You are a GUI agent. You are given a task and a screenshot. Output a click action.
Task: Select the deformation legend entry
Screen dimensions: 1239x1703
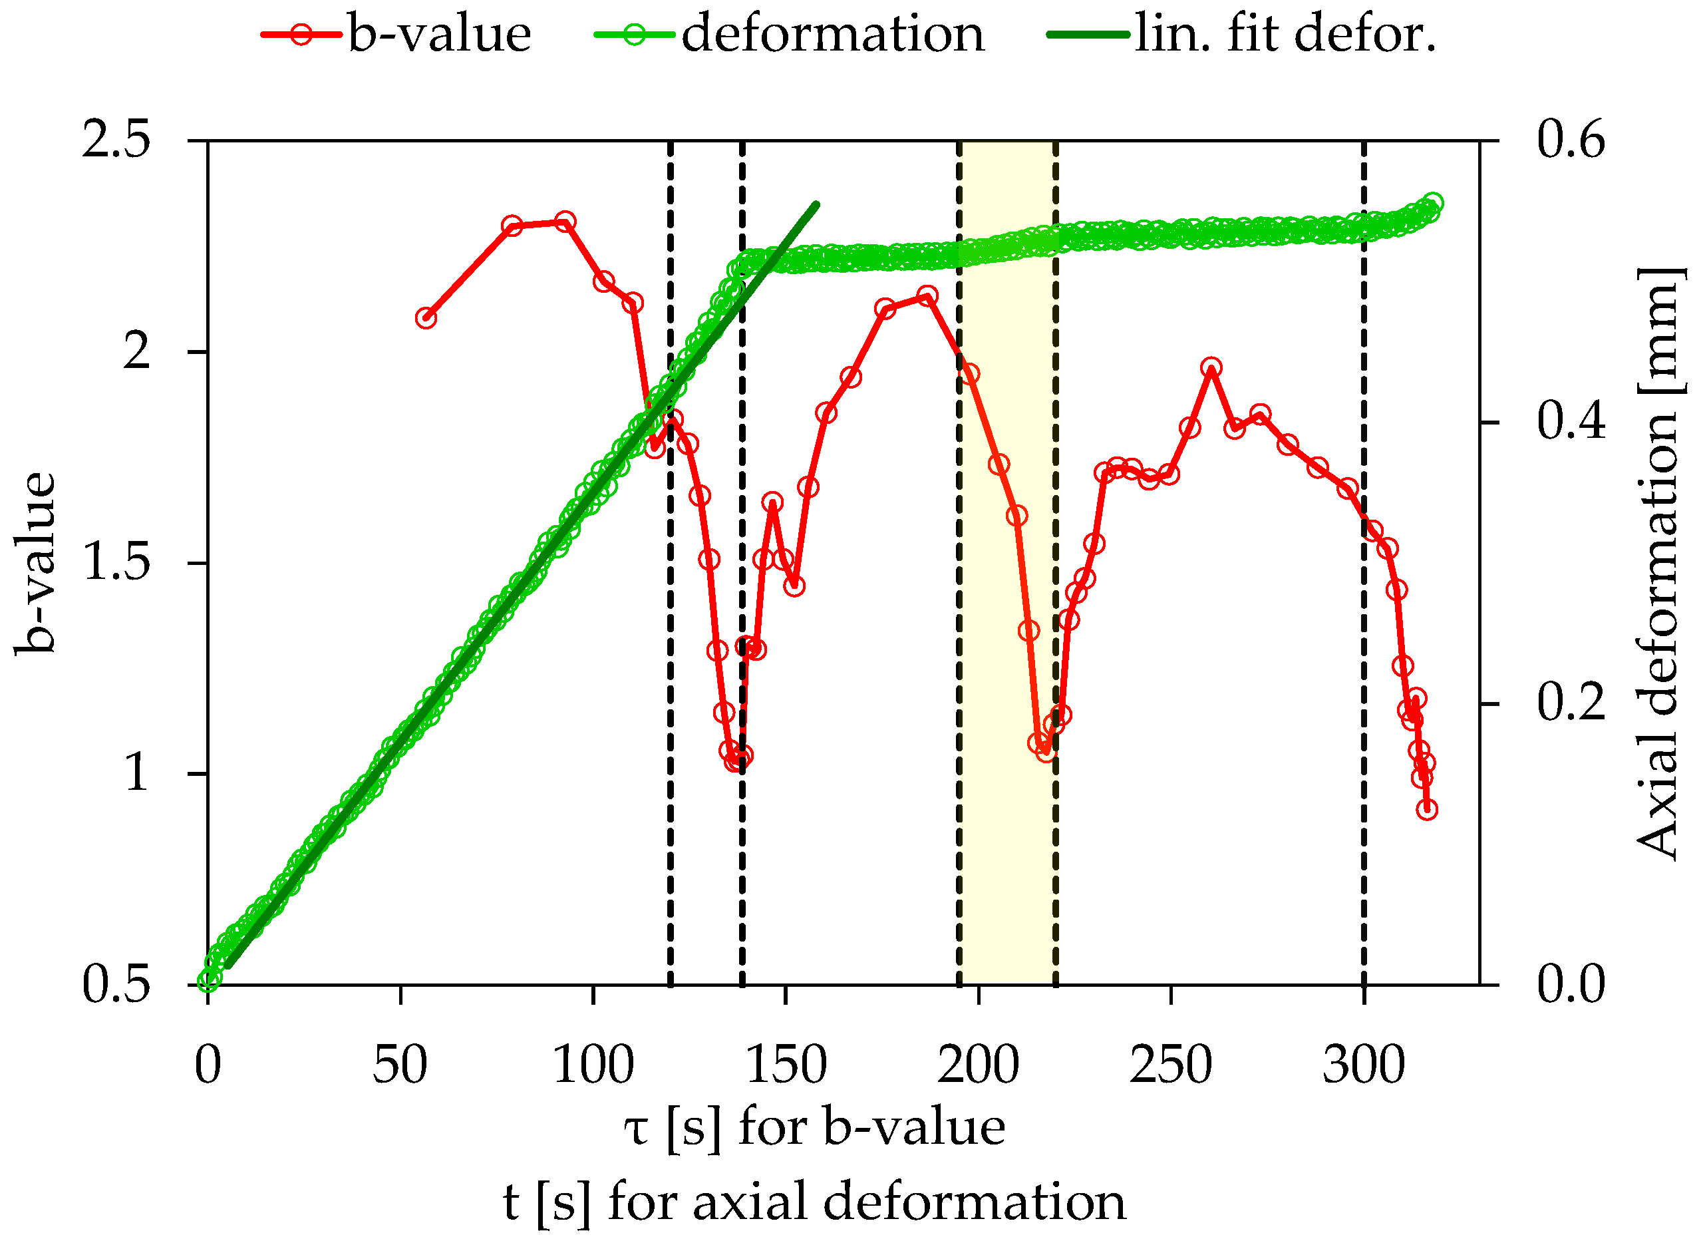pos(789,35)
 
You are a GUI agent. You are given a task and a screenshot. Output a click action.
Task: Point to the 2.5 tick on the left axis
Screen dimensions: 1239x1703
pos(116,140)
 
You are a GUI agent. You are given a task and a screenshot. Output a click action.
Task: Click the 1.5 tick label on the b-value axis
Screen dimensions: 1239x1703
pos(116,563)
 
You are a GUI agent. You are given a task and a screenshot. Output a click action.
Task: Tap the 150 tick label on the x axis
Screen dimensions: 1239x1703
pos(786,1065)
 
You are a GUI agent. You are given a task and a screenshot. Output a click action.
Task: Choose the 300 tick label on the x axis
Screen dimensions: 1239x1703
pos(1363,1065)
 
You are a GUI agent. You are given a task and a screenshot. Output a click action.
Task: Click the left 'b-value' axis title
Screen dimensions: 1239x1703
pos(35,563)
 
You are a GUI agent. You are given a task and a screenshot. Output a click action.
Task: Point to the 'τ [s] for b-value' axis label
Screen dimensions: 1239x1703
pos(814,1129)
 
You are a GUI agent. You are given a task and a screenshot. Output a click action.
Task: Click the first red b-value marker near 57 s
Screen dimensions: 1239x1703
pos(426,317)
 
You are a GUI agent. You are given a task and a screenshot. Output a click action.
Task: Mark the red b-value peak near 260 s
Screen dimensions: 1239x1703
pos(1211,368)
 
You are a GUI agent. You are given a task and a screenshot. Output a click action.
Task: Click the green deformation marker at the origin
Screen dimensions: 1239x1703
pos(208,980)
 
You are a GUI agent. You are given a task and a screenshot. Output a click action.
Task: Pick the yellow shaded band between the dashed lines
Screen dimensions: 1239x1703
pos(1006,563)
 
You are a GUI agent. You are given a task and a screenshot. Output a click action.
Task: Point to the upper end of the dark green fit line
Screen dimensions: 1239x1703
pos(816,204)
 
